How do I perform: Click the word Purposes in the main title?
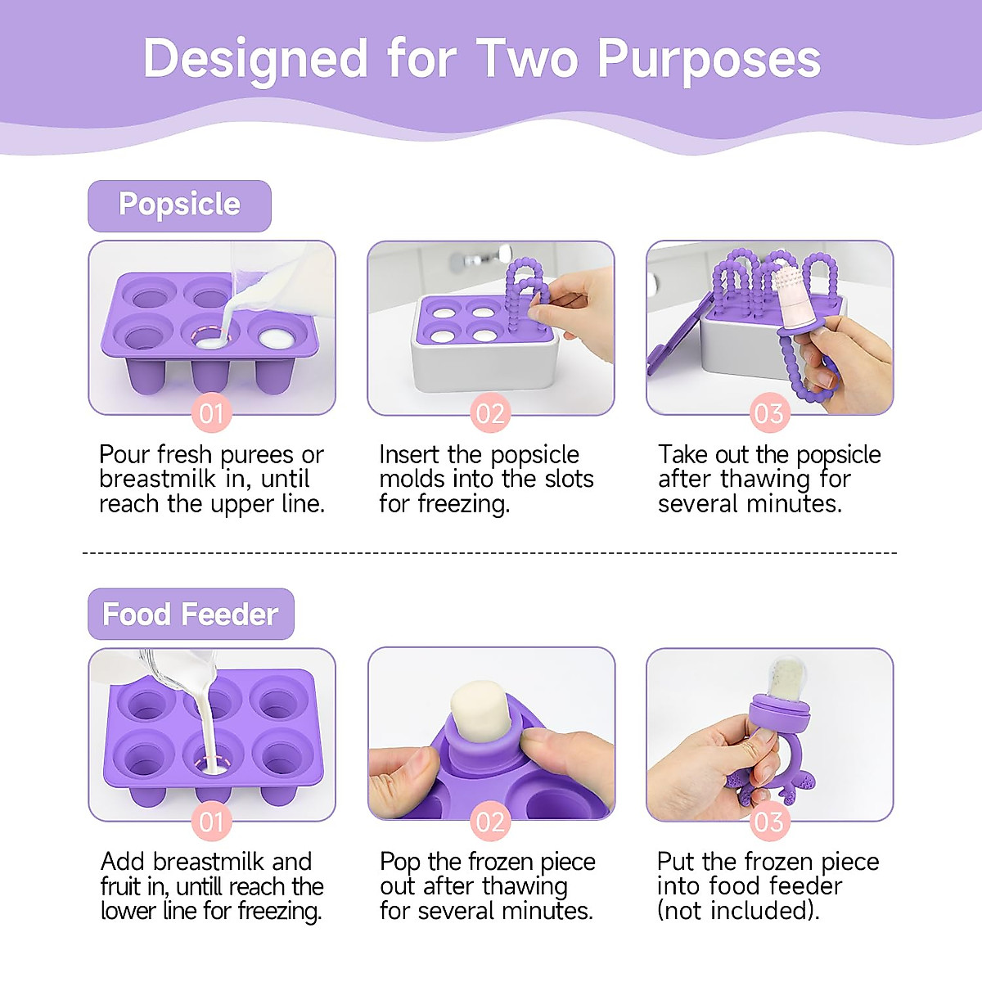[x=709, y=59]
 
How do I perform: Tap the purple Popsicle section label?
[x=179, y=205]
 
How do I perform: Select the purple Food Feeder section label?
[x=190, y=614]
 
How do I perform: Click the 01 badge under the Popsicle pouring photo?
[x=211, y=413]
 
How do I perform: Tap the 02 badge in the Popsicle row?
[x=490, y=413]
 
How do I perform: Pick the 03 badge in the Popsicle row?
[x=769, y=413]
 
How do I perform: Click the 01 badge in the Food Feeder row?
[x=211, y=821]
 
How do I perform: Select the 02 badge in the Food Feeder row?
[x=490, y=821]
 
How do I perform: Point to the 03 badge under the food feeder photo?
[x=769, y=821]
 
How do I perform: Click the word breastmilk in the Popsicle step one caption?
[x=157, y=479]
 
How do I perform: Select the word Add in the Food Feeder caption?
[x=123, y=862]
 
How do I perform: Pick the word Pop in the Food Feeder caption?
[x=399, y=862]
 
